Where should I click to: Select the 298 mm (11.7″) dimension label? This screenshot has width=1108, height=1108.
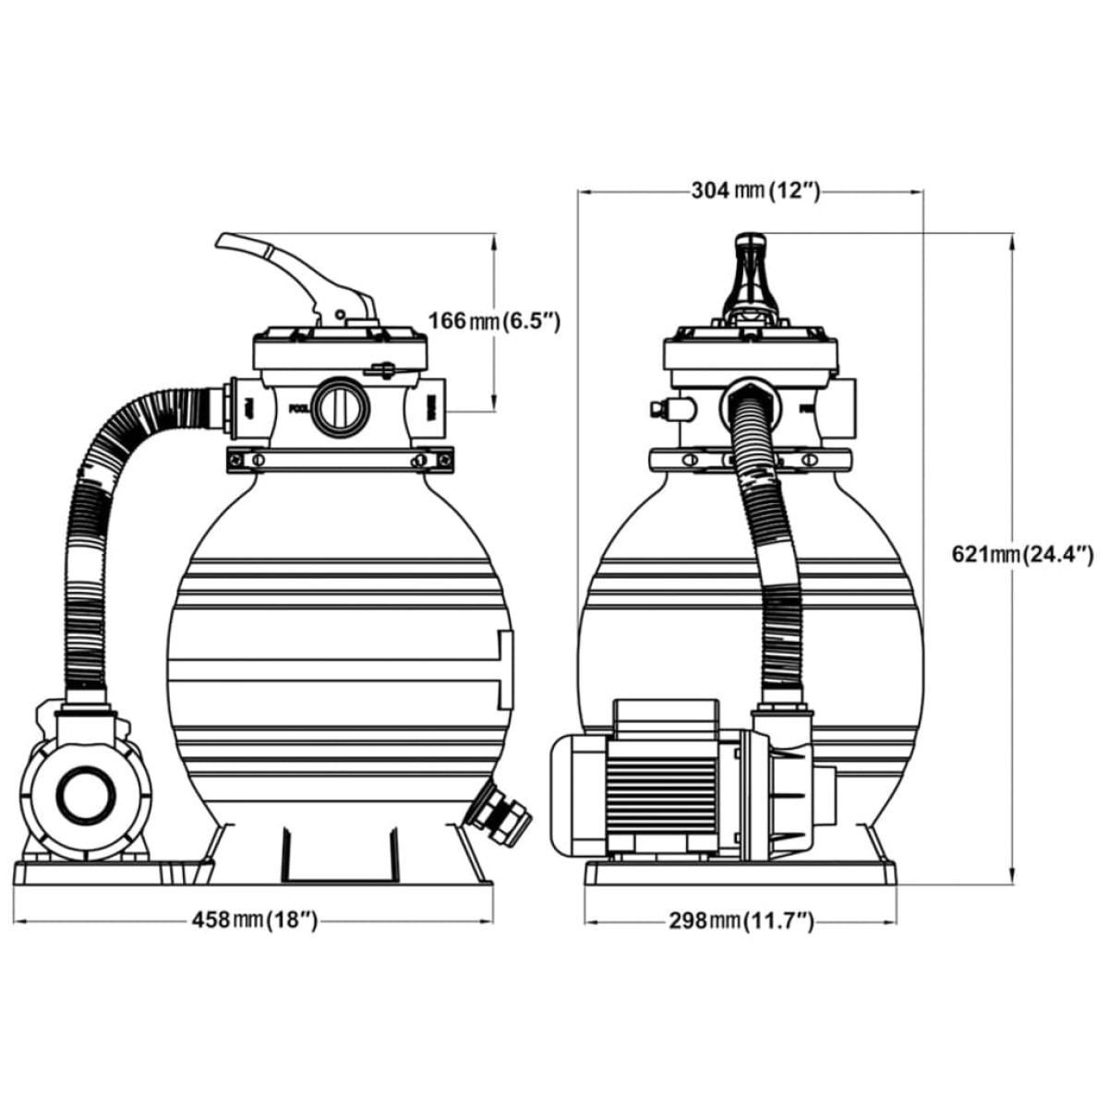(x=741, y=921)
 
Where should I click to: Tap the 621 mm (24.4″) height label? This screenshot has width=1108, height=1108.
(x=1022, y=554)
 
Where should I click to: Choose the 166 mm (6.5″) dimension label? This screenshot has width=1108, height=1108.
(x=494, y=321)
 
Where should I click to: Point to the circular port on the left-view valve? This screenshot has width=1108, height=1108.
(x=339, y=406)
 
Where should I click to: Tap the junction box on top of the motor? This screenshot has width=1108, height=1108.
(x=665, y=716)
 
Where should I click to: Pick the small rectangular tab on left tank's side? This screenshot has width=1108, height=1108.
(x=503, y=669)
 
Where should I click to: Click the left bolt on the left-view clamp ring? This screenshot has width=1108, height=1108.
(x=259, y=460)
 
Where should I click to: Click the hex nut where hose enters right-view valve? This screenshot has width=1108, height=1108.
(x=743, y=392)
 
